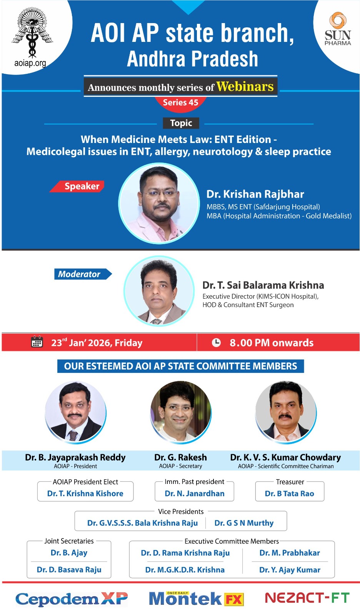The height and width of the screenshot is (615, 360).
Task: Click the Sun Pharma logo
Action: coord(337,28)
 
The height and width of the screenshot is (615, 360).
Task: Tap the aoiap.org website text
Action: coord(30,63)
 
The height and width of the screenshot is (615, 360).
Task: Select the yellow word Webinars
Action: coord(245,86)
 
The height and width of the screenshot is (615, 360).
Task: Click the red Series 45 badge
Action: coord(180,103)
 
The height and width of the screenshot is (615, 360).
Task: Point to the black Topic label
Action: coord(181,123)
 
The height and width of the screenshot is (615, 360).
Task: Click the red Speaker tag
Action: coord(77,186)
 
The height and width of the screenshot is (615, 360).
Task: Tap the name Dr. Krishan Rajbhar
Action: coord(255,194)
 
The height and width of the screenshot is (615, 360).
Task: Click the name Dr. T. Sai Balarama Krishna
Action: coord(263,285)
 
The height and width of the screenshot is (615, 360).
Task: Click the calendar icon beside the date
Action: coord(37,342)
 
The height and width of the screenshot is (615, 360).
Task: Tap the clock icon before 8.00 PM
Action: coord(216,342)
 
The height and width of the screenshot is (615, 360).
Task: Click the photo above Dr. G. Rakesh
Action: coord(181,411)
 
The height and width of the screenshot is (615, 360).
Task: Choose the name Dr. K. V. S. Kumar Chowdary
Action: coord(285,457)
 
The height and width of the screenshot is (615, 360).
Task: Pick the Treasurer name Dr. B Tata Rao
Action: coord(289,494)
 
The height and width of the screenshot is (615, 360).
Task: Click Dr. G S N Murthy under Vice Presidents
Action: coord(244,523)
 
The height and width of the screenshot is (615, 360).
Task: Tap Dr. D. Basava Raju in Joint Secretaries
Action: coord(69,570)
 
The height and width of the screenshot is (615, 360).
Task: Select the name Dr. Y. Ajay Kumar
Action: coord(290,570)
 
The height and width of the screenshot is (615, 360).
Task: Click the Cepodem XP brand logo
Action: coord(72,599)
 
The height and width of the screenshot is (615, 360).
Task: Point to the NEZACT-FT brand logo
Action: coord(307,598)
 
